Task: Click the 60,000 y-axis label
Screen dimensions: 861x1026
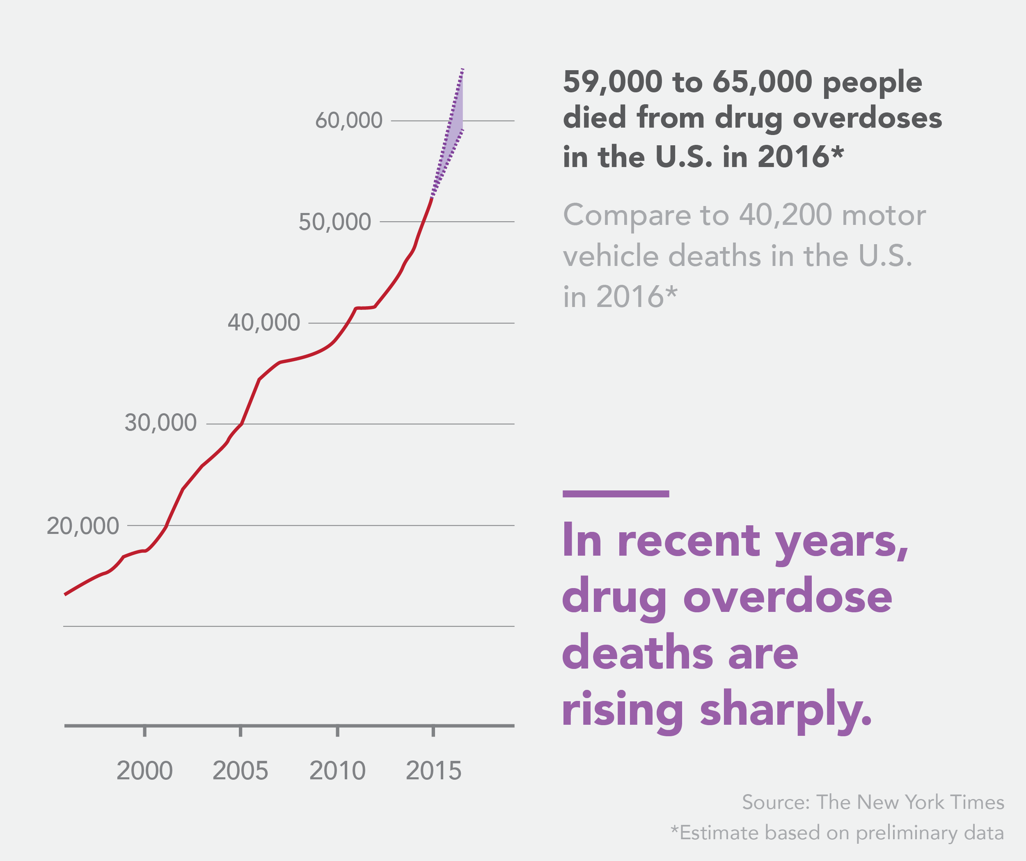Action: coord(348,120)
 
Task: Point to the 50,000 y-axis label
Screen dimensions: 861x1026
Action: coord(334,222)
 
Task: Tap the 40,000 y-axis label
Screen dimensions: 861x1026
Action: coord(264,323)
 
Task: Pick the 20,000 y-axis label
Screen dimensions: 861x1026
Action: coord(82,526)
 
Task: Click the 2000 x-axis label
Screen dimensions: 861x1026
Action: coord(144,771)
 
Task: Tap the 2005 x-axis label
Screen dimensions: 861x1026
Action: coord(240,771)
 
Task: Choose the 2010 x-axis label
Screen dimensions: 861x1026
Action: coord(337,771)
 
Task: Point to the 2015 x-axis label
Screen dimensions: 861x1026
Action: coord(433,771)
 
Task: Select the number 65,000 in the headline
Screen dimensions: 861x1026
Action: coord(762,82)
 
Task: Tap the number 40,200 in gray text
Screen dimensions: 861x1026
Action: coord(785,215)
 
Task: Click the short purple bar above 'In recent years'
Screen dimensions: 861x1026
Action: coord(616,494)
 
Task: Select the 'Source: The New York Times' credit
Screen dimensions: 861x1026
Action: coord(873,802)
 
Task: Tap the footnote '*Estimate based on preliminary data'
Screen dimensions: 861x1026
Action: coord(837,833)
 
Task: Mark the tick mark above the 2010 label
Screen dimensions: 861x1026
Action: coord(337,731)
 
